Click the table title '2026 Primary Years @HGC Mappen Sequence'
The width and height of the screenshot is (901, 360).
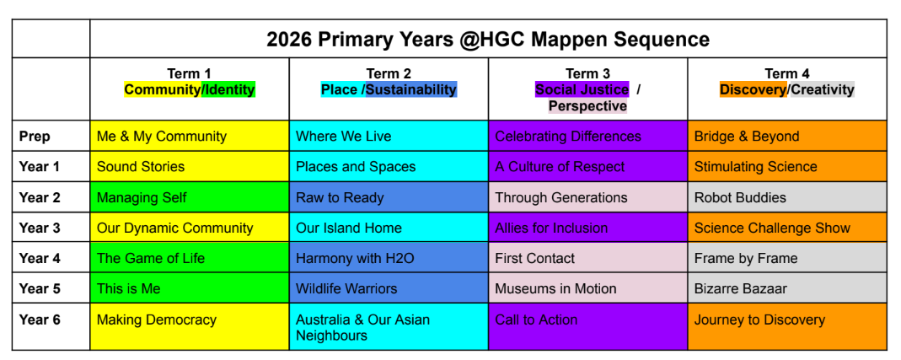coord(488,39)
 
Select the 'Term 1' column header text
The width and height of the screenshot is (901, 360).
coord(189,74)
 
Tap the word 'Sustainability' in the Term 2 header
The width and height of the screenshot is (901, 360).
coord(411,89)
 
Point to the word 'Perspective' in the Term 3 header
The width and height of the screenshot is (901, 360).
coord(587,106)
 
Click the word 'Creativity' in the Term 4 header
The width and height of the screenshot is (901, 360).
coord(823,89)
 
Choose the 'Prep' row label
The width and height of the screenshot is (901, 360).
coord(35,137)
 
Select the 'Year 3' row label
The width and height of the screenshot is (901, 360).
coord(40,228)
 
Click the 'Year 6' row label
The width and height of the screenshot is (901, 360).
coord(40,320)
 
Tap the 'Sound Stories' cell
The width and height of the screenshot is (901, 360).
coord(190,167)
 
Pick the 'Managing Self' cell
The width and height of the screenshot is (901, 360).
coord(190,197)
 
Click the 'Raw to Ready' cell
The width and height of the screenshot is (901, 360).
coord(389,197)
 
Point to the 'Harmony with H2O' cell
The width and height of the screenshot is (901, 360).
coord(389,258)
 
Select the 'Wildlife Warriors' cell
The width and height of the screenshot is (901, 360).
coord(389,288)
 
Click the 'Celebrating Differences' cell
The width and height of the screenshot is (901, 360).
coord(587,137)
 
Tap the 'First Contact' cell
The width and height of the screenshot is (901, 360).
coord(587,258)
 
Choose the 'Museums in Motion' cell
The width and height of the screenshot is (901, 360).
coord(587,288)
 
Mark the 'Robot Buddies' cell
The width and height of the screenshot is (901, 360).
coord(787,197)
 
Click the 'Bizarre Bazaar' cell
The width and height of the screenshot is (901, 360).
coord(787,288)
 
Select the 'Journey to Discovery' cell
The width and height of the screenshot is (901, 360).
coord(787,326)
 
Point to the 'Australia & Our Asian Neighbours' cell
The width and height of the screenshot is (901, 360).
coord(389,326)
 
